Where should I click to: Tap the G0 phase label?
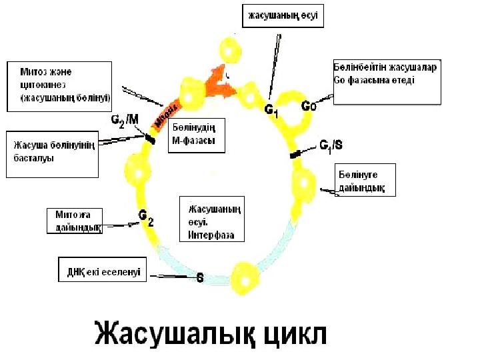(310, 106)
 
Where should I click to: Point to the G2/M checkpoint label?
(125, 120)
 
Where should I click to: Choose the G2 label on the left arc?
(145, 217)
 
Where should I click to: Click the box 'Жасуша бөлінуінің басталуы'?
(52, 155)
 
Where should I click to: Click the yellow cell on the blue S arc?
(244, 275)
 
